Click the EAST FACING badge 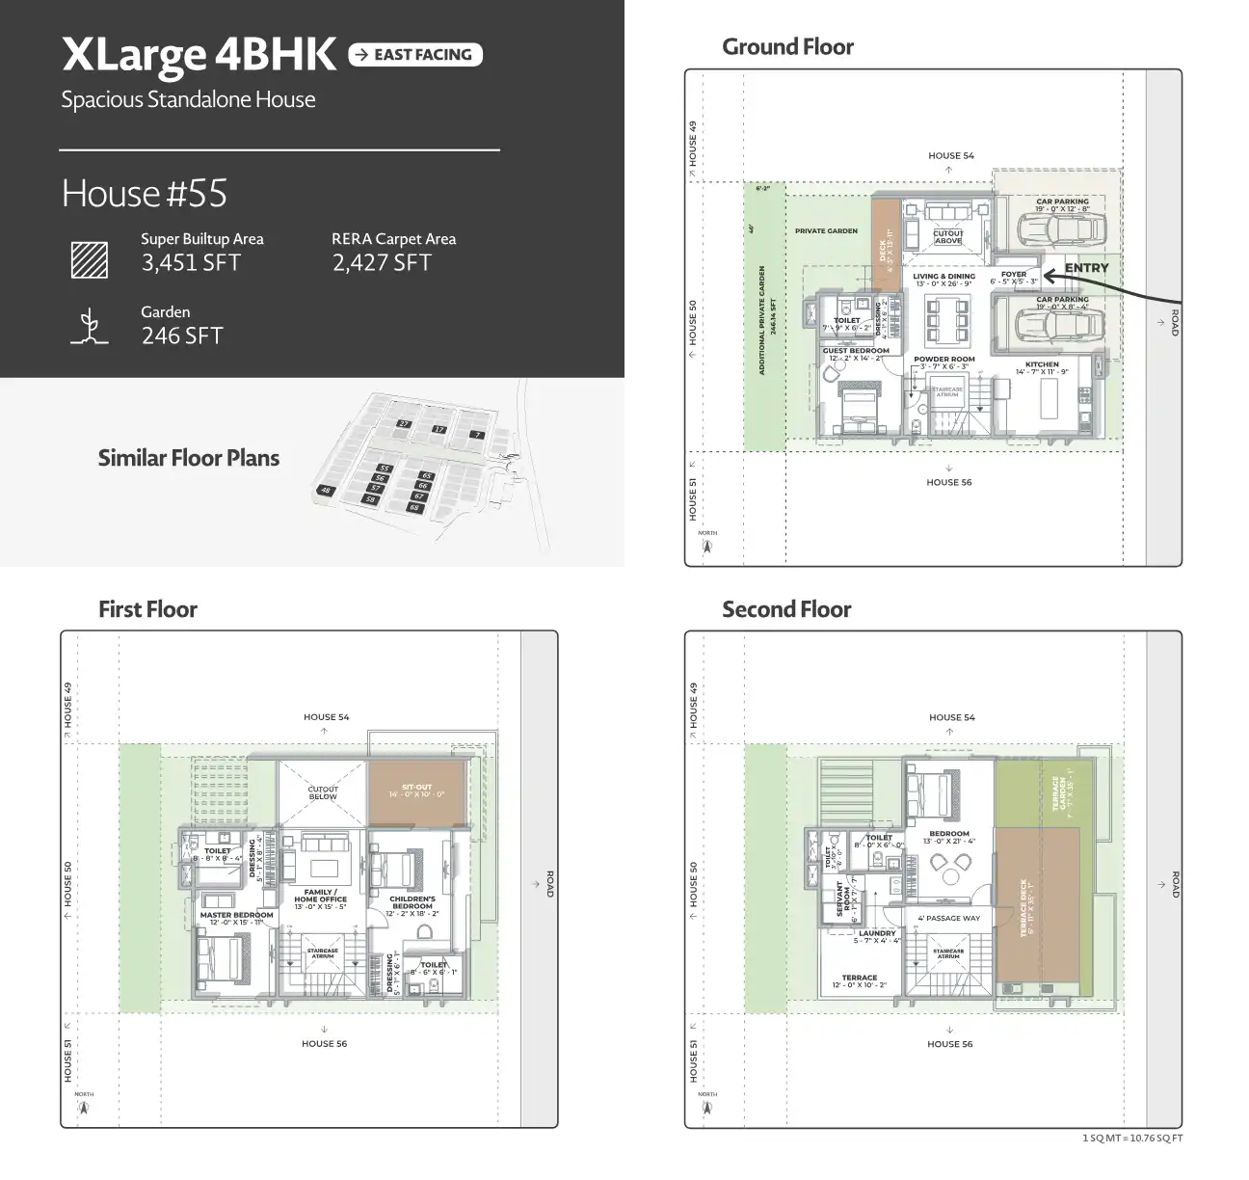coord(415,55)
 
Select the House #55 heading coord(145,194)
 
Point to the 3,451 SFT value coord(191,263)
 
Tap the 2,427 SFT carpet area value coord(382,263)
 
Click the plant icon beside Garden coord(90,327)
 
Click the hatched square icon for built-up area coord(90,259)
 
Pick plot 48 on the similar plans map coord(327,491)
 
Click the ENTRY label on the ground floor coord(1086,268)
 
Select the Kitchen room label coord(1042,365)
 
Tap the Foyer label coord(1014,275)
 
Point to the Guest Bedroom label coord(856,351)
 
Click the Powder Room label coord(943,360)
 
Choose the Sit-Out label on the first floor coord(416,788)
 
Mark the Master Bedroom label coord(237,915)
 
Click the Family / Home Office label coord(320,896)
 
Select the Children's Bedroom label coord(412,902)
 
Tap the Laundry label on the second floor coord(877,933)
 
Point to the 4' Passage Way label coord(948,918)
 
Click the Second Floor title coord(786,610)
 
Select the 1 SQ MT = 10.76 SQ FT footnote coord(1132,1139)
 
